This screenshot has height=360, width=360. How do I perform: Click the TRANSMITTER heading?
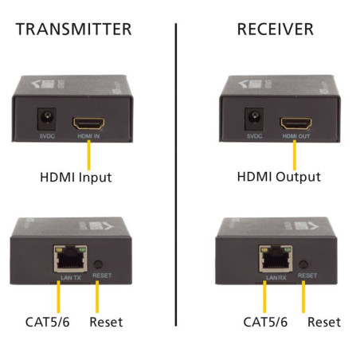(73, 29)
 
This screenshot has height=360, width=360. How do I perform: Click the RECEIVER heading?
(275, 29)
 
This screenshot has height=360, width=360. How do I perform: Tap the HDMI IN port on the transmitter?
(87, 123)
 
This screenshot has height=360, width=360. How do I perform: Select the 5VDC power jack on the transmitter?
(46, 121)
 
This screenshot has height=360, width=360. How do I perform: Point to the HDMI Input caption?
(75, 177)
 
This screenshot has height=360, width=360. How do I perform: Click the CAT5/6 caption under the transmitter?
(47, 323)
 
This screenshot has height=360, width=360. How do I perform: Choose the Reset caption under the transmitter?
(107, 323)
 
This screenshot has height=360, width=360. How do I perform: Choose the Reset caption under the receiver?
(324, 323)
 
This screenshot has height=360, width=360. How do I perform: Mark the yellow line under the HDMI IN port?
(87, 151)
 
